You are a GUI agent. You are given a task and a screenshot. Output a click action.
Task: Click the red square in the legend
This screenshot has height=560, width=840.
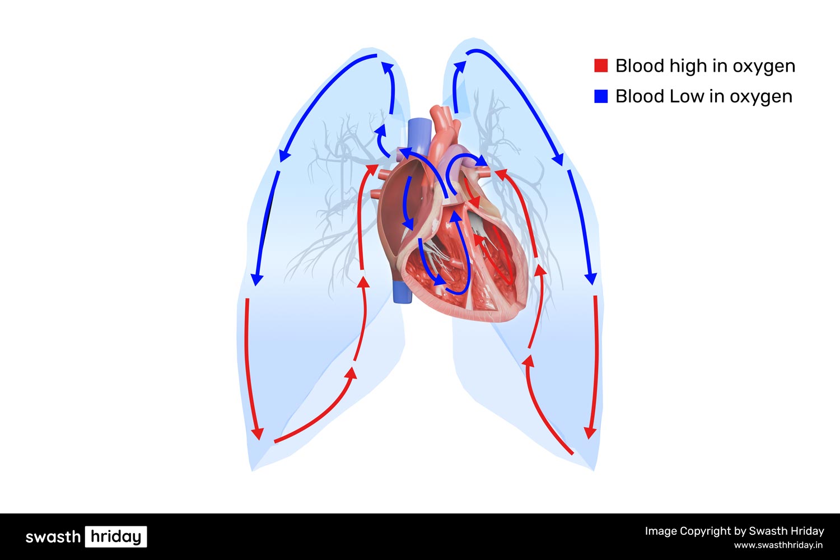coord(600,66)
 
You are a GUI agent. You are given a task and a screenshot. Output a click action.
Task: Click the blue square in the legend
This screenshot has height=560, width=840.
coord(600,96)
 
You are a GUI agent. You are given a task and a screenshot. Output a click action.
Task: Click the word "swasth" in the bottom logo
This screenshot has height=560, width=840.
coord(53,537)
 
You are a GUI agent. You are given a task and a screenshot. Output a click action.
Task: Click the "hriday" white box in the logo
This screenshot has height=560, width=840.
coord(116,536)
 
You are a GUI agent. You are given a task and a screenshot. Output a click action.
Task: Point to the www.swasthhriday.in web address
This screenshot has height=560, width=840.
coord(778,545)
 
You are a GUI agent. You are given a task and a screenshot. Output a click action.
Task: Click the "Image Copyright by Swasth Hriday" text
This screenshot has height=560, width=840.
coord(734,531)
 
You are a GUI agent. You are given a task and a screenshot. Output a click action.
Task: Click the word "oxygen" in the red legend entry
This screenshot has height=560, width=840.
coord(764,66)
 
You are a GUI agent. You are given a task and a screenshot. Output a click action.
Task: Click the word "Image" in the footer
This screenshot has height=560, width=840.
coord(661,531)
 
